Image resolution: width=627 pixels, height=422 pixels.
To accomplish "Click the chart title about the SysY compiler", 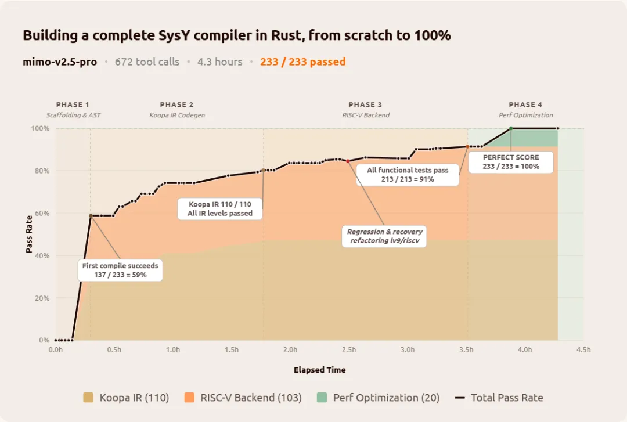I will click(x=236, y=35).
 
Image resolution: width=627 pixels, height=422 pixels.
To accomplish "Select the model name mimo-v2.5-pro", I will click(x=60, y=62).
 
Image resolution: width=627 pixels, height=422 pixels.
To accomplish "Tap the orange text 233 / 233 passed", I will click(x=302, y=62).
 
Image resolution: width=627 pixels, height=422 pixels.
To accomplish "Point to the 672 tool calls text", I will click(x=147, y=62).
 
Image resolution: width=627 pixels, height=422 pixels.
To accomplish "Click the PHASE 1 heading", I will click(x=73, y=105).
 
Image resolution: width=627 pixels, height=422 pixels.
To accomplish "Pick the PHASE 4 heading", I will click(x=525, y=105).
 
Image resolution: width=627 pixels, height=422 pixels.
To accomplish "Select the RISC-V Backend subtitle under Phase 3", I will click(x=366, y=115).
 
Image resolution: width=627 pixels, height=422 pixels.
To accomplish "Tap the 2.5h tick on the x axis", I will click(x=349, y=349).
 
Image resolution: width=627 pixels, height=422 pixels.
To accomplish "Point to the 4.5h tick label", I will click(x=583, y=349).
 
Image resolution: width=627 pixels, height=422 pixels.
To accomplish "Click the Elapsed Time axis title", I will click(x=319, y=370).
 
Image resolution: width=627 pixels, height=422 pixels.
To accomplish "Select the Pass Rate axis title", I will click(x=29, y=235).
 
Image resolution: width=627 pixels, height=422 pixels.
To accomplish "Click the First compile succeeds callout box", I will click(x=120, y=270).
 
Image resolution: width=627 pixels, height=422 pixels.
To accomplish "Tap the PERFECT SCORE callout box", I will click(x=511, y=161).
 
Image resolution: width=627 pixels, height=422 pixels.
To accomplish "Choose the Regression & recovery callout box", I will click(x=385, y=236).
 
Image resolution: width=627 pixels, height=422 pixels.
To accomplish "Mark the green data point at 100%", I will click(x=511, y=128).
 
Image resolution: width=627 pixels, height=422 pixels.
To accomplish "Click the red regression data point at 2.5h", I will click(x=348, y=161).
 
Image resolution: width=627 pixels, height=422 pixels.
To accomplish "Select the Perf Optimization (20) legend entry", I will click(x=379, y=398).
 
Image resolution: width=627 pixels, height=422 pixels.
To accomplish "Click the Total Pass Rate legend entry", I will click(x=499, y=398).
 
